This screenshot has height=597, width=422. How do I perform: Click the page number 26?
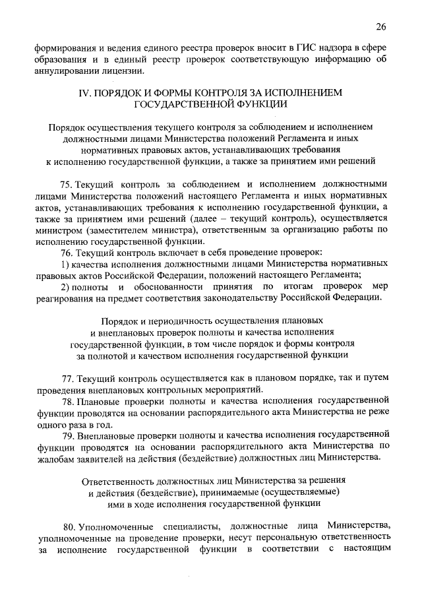pos(380,27)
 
